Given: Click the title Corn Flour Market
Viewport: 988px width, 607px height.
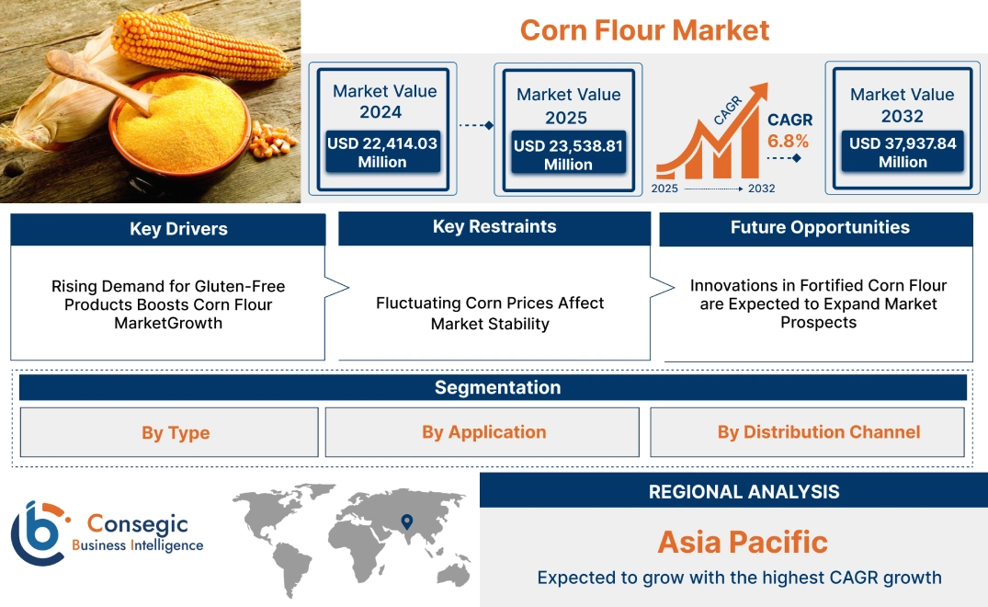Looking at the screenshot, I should (x=644, y=29).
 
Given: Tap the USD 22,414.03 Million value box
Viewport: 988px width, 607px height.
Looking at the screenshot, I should (x=381, y=152).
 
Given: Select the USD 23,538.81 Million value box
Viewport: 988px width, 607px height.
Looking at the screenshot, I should (x=568, y=155).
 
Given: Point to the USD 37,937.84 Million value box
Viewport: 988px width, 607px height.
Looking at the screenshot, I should (x=903, y=152).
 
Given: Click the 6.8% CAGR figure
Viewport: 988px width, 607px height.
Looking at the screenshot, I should (x=789, y=141).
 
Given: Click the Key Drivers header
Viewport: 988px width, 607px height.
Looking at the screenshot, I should (x=178, y=229).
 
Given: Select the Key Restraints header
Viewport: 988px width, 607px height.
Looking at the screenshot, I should (x=494, y=227).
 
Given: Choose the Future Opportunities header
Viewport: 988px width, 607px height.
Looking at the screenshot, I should (x=820, y=227).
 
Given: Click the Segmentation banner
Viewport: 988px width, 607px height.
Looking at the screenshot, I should (x=497, y=387).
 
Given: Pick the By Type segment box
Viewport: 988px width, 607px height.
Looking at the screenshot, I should (x=176, y=432).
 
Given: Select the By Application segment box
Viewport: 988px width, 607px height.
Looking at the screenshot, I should (x=483, y=431).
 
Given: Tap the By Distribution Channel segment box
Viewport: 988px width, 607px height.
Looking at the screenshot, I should (x=818, y=431).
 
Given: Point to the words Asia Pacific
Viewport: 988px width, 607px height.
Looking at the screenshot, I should (x=743, y=542).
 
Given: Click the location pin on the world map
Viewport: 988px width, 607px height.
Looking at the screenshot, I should (x=405, y=522).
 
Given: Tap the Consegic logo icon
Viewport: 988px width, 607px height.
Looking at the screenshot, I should (x=40, y=533).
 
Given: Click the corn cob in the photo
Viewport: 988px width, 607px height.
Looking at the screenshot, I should (x=193, y=41).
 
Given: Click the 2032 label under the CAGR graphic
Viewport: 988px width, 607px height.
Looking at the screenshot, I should (x=761, y=189).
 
